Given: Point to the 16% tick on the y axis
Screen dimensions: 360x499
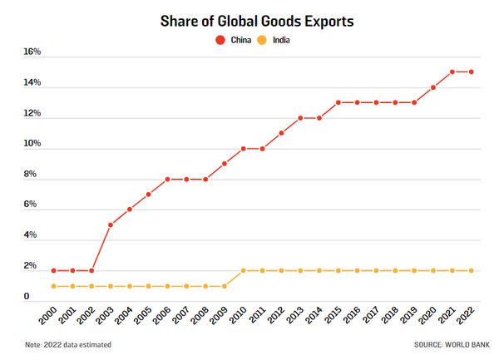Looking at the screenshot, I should click(32, 52).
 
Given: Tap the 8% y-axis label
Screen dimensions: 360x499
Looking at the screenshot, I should click(30, 175).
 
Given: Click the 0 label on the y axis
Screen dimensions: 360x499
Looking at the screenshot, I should click(27, 297).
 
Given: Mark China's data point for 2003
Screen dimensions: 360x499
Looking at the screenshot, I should click(111, 224).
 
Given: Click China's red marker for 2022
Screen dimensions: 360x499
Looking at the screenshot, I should click(472, 72).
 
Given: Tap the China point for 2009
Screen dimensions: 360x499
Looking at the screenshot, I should click(225, 163).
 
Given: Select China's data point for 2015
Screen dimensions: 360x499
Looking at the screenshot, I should click(338, 102).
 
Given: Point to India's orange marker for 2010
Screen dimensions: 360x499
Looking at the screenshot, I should click(244, 270).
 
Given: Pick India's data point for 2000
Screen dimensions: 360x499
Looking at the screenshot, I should click(54, 286).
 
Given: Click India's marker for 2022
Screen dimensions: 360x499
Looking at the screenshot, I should click(472, 270).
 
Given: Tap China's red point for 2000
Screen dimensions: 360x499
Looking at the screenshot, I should click(54, 270).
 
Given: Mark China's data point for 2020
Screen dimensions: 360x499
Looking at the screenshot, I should click(433, 87).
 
